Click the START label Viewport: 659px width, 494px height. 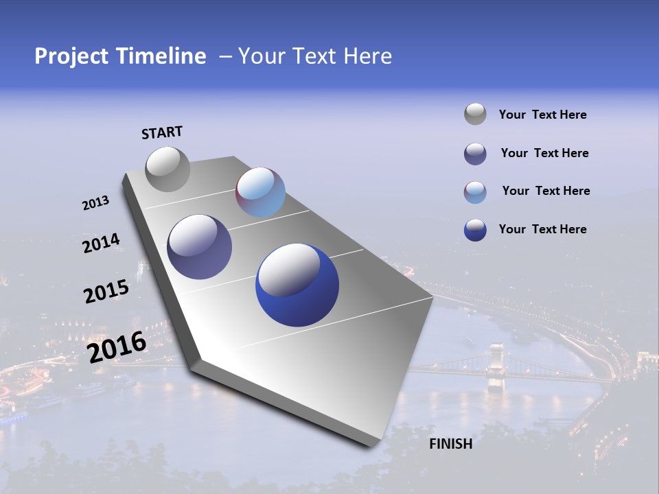[162, 132]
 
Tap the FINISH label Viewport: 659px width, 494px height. [451, 444]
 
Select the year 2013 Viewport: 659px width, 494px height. [95, 203]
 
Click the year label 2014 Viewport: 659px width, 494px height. [101, 243]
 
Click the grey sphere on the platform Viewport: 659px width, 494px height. [167, 169]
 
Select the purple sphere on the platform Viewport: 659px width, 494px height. [200, 247]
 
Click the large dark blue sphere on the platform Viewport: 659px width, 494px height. [297, 285]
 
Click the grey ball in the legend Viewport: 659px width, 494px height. [475, 114]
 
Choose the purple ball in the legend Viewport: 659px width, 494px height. [475, 153]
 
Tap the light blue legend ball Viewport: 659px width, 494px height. [475, 191]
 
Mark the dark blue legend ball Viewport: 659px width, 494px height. [475, 229]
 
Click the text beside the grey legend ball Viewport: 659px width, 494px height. [542, 115]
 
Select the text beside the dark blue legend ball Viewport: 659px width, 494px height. [542, 229]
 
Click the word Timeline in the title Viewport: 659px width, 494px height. [161, 56]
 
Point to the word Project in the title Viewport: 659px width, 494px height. [71, 56]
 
